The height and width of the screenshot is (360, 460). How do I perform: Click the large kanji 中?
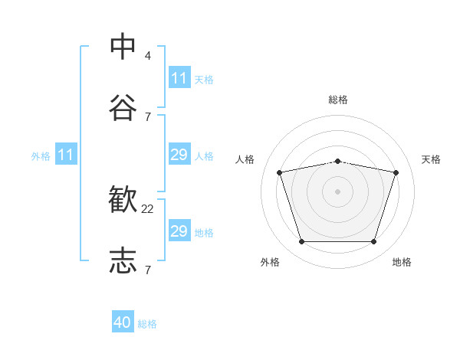[x=123, y=46]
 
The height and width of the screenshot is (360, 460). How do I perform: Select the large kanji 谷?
[x=123, y=107]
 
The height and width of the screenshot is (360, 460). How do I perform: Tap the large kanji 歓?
[x=123, y=199]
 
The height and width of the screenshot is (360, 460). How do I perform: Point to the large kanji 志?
[x=123, y=260]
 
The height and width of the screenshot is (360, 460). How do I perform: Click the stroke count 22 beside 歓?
[x=147, y=209]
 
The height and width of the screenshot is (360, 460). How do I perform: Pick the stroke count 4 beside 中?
[x=147, y=56]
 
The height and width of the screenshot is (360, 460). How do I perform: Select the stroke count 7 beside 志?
[x=148, y=270]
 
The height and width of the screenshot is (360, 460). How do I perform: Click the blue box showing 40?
[x=123, y=321]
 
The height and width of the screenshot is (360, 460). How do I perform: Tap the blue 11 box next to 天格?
[x=180, y=77]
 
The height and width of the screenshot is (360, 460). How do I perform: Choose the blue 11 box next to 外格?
[x=66, y=154]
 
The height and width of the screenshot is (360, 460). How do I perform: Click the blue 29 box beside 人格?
[x=180, y=154]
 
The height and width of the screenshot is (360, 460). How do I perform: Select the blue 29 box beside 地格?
[x=180, y=230]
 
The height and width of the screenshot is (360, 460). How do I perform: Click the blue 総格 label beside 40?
[x=147, y=324]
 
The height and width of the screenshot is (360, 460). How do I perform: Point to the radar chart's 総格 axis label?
[x=338, y=100]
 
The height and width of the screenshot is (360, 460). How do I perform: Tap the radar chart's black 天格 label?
[x=431, y=159]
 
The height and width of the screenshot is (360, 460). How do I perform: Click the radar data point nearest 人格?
[x=280, y=172]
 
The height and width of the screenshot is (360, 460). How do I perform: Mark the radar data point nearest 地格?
[x=374, y=241]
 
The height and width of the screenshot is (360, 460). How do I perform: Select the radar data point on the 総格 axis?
[x=338, y=162]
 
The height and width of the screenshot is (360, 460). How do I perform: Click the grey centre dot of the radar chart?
[x=337, y=191]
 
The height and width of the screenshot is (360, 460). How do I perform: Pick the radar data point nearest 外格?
[x=302, y=241]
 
